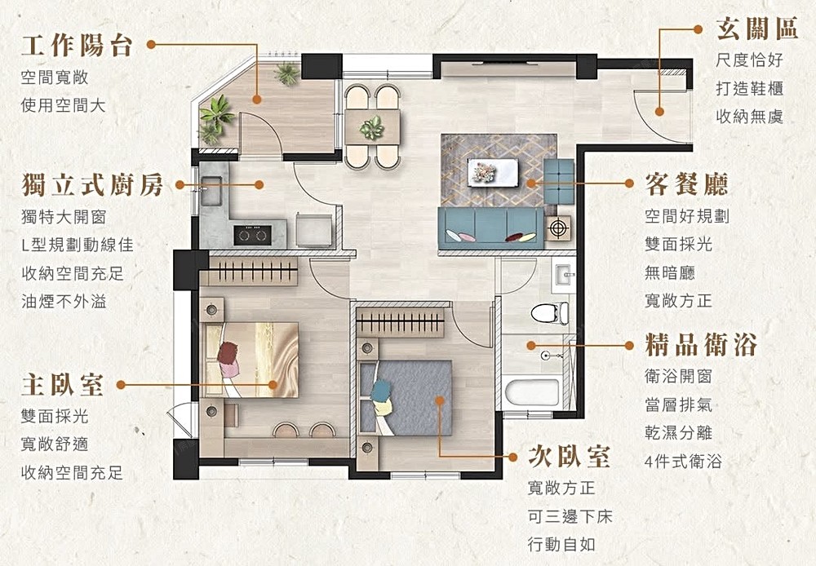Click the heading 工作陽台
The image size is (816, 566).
click(x=77, y=46)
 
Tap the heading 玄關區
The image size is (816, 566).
click(x=757, y=28)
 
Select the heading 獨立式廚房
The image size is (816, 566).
click(x=93, y=185)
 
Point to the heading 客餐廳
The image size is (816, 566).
click(x=686, y=184)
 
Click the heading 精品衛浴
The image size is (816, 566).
click(x=700, y=345)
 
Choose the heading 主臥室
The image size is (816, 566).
click(x=63, y=385)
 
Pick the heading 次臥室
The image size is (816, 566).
click(x=569, y=456)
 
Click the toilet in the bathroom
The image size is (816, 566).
click(x=550, y=313)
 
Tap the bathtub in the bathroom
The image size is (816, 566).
click(x=532, y=393)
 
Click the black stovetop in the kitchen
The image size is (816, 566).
click(x=252, y=235)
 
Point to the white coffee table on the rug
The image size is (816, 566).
click(x=492, y=172)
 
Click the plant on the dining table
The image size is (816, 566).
click(x=372, y=127)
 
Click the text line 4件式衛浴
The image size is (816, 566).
click(x=683, y=461)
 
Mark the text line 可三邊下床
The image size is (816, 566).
click(x=570, y=516)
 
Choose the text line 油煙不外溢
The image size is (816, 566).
click(x=64, y=301)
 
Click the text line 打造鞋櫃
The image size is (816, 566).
click(x=749, y=88)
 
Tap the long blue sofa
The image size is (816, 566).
click(x=490, y=228)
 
